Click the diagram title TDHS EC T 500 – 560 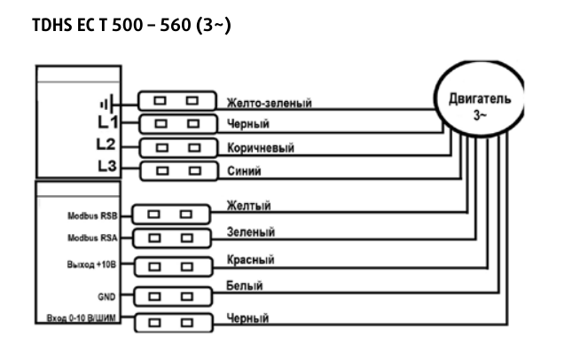pos(131,26)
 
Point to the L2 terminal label pos(106,145)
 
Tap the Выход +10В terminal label pos(93,264)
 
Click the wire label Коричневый pos(261,148)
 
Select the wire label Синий pos(245,171)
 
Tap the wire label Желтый pos(248,206)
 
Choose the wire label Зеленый pos(251,232)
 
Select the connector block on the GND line pos(169,293)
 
